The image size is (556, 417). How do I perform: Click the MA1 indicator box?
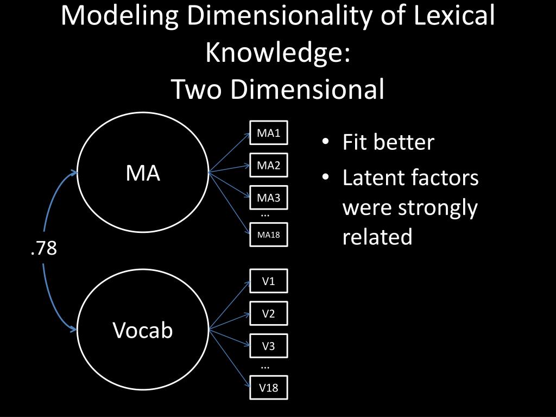268,134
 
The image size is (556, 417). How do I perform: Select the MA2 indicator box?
268,166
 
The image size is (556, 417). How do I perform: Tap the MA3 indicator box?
268,198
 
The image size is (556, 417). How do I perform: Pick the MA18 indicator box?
268,235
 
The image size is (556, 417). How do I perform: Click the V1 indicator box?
268,281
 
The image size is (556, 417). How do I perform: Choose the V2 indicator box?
268,313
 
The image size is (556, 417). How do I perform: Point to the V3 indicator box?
268,346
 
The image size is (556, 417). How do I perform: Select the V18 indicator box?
268,388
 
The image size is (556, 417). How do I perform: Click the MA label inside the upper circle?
143,173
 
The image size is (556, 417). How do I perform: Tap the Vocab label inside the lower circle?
143,330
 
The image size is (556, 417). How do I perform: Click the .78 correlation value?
44,249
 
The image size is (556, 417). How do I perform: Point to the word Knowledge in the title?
277,53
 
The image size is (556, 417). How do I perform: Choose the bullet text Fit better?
388,142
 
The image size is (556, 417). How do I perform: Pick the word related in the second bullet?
377,237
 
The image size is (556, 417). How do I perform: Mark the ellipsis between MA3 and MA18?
265,214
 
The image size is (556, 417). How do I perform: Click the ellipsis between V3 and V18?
265,367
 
